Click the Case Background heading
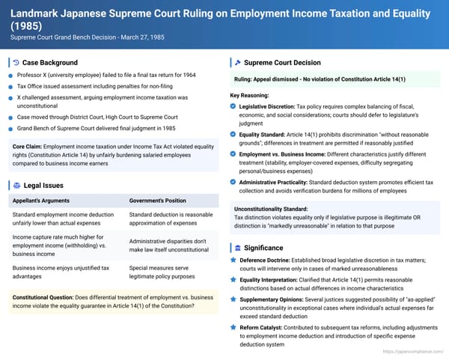46,62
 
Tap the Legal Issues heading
43,185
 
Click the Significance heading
263,248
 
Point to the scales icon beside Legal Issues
15,185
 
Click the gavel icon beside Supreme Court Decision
237,62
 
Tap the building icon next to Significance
237,248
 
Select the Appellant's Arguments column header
44,201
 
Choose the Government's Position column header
157,201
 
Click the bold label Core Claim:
28,146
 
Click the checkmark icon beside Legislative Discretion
234,108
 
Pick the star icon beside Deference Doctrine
234,260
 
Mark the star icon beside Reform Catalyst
234,329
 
